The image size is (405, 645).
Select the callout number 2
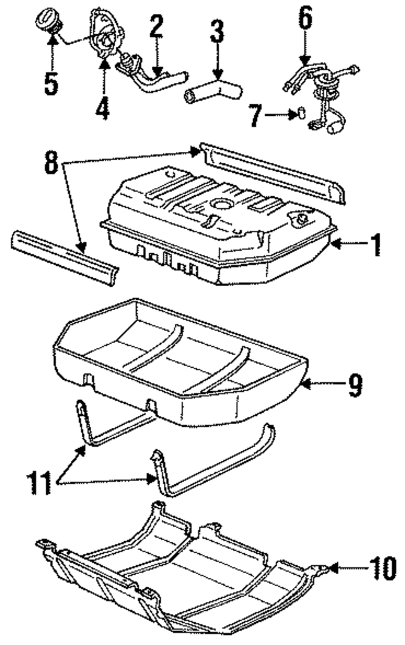point(156,26)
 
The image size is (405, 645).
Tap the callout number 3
point(217,32)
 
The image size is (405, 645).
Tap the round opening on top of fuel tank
point(223,204)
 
